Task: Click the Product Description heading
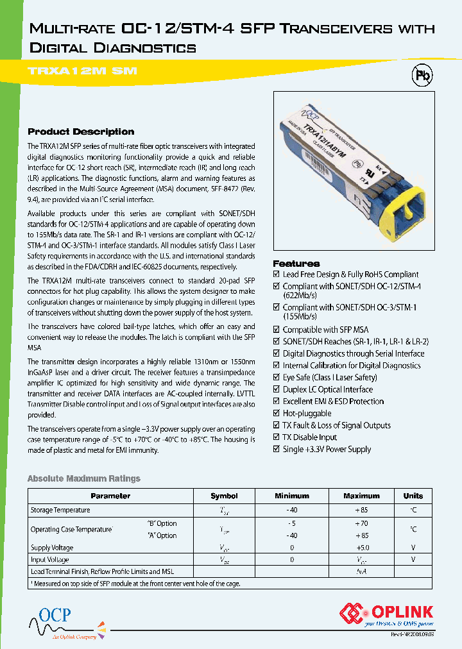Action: (81, 131)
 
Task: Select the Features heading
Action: (296, 264)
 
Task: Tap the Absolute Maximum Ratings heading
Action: (83, 478)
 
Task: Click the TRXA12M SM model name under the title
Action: (83, 71)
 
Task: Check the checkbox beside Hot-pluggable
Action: (277, 414)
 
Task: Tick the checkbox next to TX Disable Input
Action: (277, 437)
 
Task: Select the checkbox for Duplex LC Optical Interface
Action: (277, 389)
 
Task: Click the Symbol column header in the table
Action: (224, 496)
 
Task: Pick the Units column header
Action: (413, 496)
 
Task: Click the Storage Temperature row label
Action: (60, 510)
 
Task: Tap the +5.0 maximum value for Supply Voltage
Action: (363, 548)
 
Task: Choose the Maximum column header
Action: (361, 496)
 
